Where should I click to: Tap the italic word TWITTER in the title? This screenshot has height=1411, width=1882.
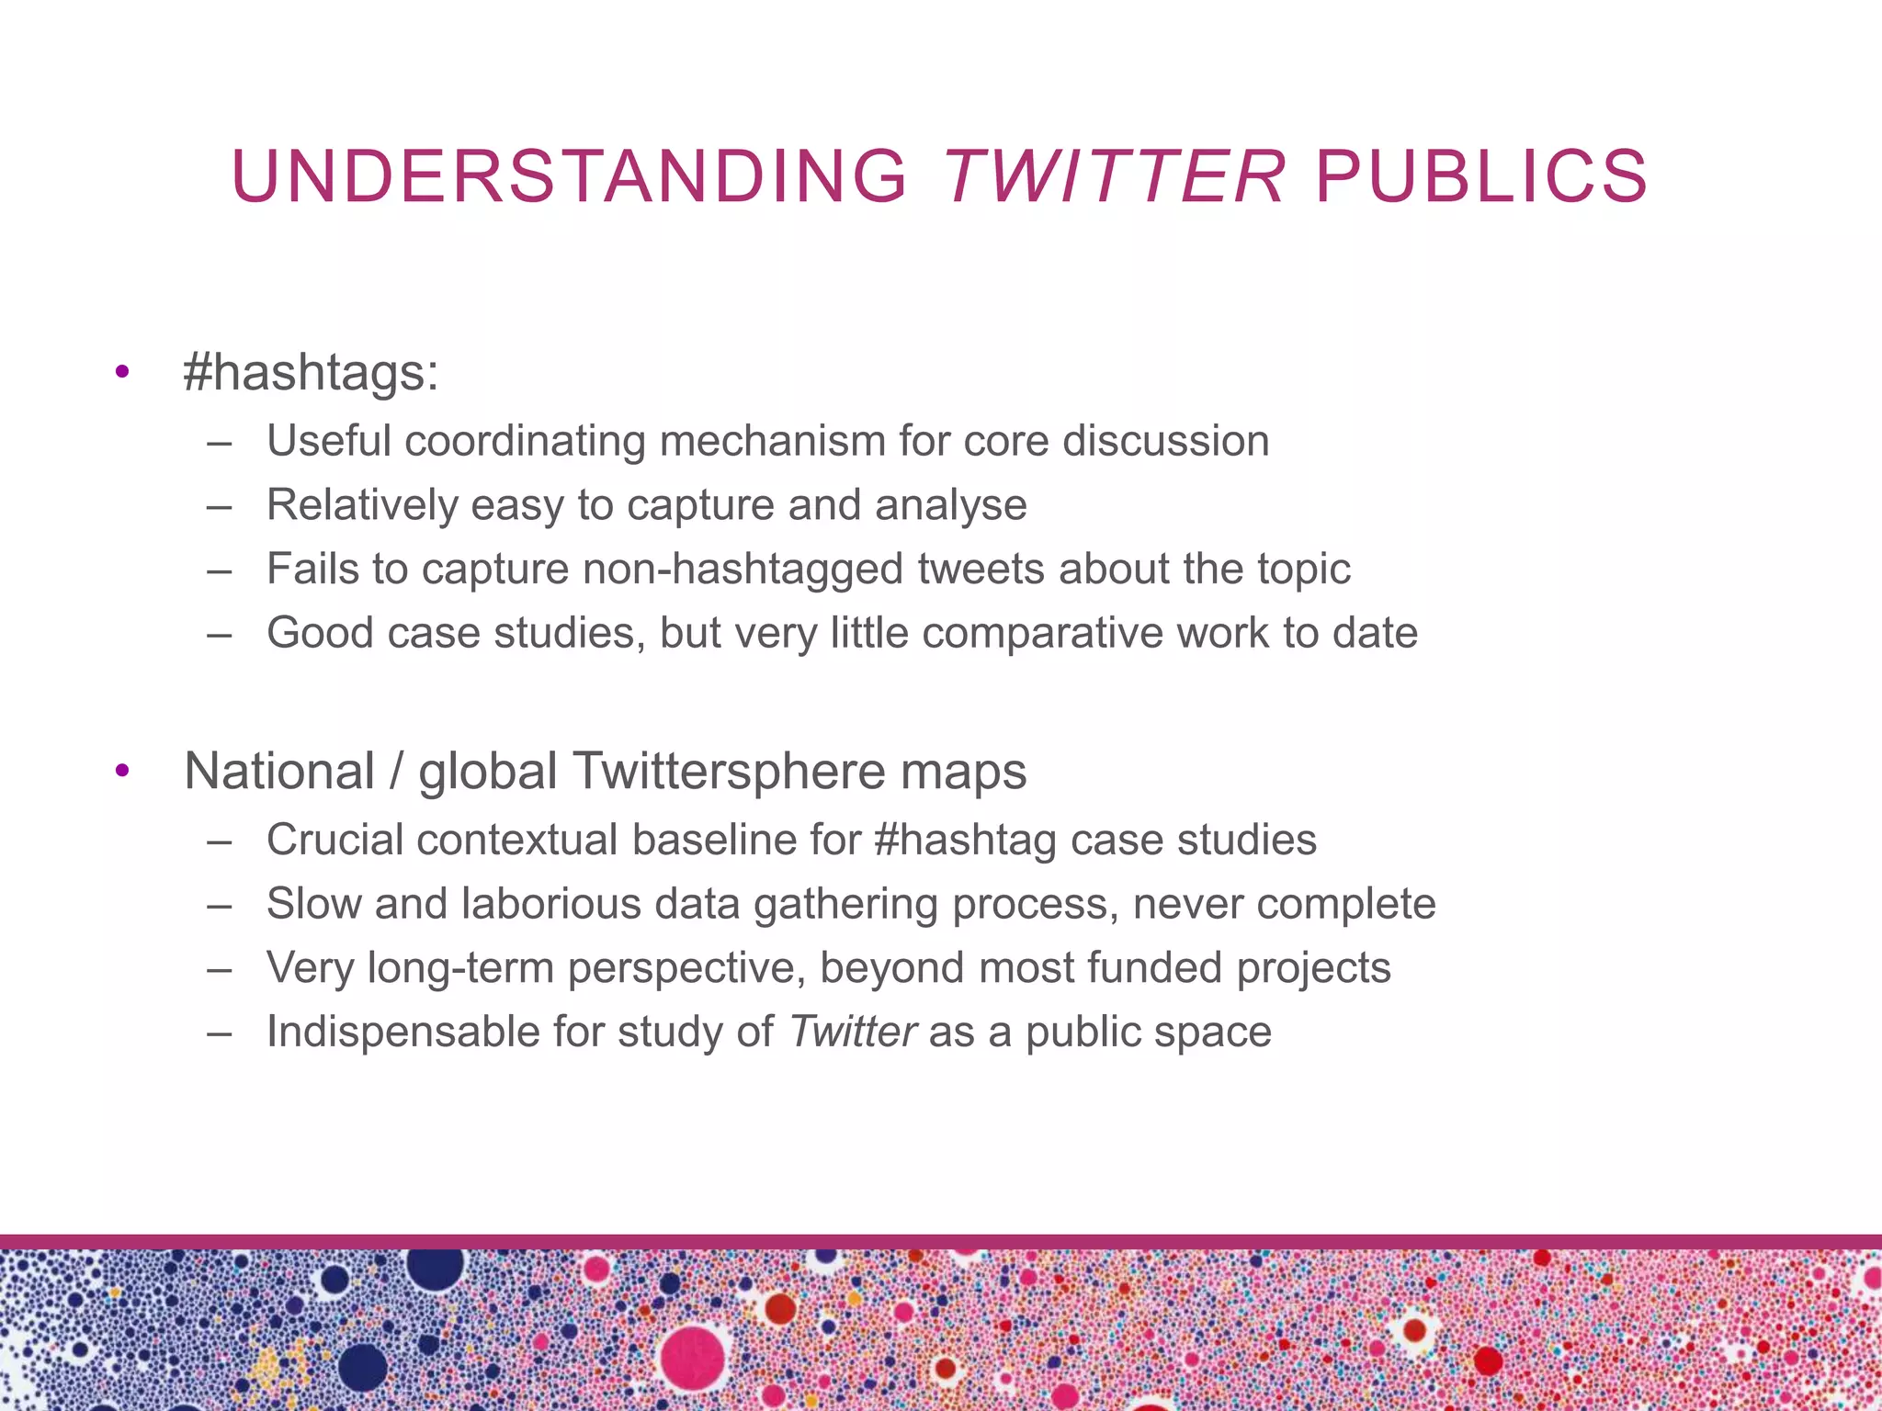pos(1114,176)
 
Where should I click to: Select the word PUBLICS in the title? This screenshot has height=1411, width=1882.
pos(1481,176)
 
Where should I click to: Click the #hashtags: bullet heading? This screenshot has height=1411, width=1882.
pos(312,373)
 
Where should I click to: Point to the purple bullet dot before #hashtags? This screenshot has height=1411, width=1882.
pos(122,373)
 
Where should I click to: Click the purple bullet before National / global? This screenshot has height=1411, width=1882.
pos(122,772)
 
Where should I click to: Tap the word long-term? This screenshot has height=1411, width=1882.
pos(461,968)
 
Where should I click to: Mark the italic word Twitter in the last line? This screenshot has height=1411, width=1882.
pos(852,1033)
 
